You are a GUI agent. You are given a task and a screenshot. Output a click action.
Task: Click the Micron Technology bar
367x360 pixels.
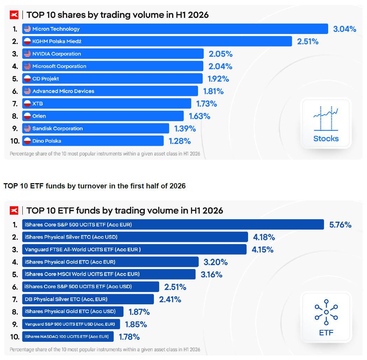[175, 29]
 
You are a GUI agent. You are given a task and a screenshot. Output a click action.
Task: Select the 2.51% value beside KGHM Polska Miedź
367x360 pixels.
[308, 41]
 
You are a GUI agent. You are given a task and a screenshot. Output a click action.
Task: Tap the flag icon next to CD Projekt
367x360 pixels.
[27, 78]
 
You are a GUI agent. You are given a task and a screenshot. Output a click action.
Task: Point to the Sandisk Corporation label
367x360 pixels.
[58, 129]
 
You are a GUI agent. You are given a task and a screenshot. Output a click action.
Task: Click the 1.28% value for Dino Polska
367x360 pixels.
[180, 141]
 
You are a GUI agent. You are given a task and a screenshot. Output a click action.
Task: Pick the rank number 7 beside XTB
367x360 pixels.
[15, 104]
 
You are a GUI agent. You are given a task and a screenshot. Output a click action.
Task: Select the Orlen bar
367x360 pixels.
[103, 116]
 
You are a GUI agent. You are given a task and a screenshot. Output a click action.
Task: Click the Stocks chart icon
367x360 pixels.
[326, 118]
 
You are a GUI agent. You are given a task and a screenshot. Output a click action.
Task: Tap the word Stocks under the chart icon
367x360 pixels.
[326, 139]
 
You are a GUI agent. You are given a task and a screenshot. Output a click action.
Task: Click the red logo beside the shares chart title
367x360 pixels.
[14, 15]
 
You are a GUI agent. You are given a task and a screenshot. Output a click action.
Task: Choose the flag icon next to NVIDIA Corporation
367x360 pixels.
[27, 54]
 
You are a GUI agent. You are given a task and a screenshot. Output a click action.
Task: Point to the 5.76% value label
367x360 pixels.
[340, 225]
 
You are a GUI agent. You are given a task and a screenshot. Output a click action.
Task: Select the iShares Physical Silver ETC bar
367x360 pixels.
[135, 237]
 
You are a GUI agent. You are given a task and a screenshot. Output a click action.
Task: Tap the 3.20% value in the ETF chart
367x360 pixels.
[216, 262]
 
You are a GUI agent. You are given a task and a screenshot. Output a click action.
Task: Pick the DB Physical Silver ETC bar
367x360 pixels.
[88, 299]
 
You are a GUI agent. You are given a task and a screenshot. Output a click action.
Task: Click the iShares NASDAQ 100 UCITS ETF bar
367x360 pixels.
[68, 337]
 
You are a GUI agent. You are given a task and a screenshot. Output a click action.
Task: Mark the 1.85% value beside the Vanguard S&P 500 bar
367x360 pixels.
[136, 324]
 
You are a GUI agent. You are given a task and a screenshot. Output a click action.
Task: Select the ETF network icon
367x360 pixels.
[326, 312]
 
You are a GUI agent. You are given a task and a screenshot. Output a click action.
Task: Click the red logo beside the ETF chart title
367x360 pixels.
[14, 210]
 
